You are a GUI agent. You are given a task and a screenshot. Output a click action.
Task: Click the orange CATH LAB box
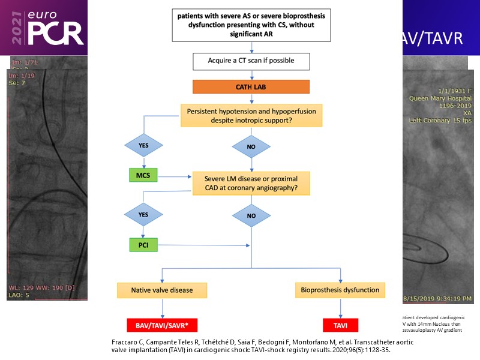point(251,86)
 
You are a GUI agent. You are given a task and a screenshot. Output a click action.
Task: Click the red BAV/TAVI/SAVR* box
point(162,325)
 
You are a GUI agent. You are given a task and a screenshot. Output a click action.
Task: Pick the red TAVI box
point(340,325)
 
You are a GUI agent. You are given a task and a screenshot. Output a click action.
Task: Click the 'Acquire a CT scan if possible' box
point(251,61)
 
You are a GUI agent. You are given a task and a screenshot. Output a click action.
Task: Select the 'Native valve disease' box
point(162,290)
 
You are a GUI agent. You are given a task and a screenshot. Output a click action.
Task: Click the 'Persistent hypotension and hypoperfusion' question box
point(251,115)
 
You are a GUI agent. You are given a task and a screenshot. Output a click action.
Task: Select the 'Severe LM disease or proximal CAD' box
point(251,184)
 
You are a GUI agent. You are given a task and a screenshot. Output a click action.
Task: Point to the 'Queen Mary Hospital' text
point(440,98)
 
